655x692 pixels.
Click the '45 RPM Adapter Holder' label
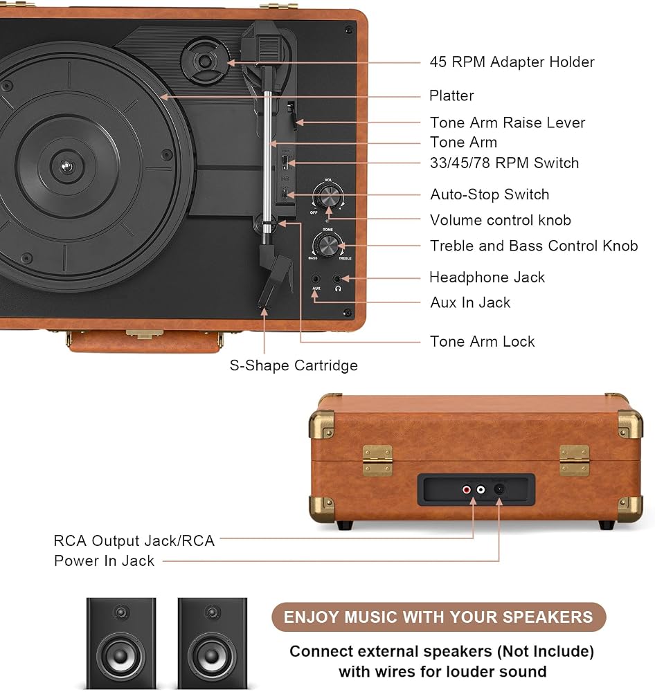coord(512,62)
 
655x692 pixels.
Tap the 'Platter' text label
coord(451,95)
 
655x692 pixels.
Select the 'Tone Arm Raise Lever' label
coord(508,122)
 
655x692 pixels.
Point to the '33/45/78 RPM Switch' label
coord(504,163)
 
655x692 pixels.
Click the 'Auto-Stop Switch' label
coord(490,194)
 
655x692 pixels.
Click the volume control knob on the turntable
coord(328,196)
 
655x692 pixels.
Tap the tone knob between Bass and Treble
coord(327,244)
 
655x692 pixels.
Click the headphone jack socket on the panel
coord(337,279)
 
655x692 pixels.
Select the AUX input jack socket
coord(316,279)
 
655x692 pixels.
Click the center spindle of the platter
coord(66,166)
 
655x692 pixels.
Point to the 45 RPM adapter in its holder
coord(205,60)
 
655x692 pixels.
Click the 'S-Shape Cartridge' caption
coord(294,365)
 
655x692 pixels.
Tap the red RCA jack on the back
coord(467,489)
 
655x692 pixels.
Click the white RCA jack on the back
coord(481,489)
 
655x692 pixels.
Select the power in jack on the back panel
coord(499,489)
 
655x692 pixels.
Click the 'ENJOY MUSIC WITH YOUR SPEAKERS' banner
coord(438,617)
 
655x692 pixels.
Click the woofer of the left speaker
coord(120,656)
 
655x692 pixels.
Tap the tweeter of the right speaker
coord(213,612)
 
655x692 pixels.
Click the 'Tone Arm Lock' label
coord(483,342)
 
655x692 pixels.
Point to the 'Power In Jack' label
coord(105,561)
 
